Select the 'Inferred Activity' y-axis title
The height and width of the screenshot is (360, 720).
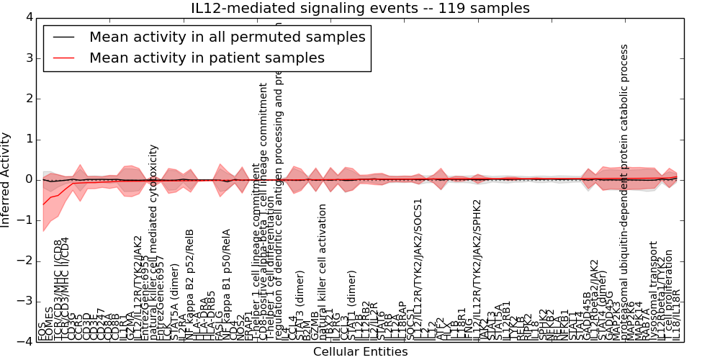[x=6, y=179]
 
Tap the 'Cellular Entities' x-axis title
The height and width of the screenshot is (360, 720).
[x=360, y=352]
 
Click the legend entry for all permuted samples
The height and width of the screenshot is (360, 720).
[x=227, y=37]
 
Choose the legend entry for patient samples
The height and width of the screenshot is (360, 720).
[x=207, y=58]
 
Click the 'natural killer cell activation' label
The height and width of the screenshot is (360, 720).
[x=323, y=270]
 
